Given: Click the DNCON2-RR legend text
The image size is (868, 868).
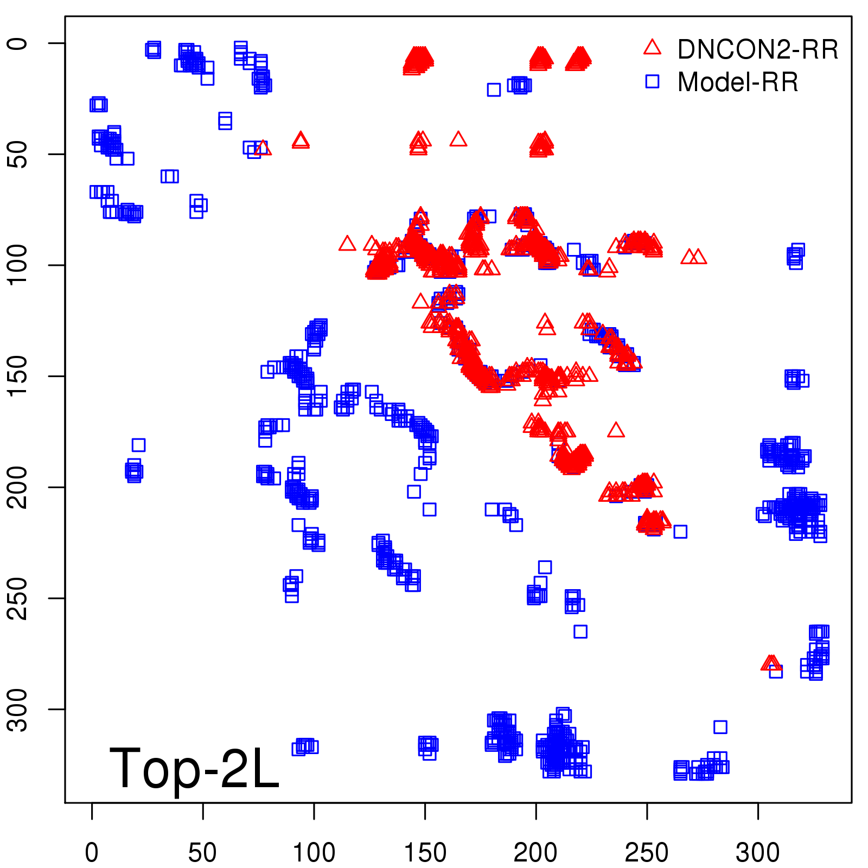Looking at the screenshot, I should click(757, 49).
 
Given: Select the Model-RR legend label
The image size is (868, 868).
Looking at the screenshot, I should click(738, 82).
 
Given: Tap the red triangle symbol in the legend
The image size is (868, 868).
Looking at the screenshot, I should click(652, 47).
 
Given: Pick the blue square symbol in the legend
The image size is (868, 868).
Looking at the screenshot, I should click(652, 81).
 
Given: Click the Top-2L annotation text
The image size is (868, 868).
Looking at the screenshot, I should click(194, 768).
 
